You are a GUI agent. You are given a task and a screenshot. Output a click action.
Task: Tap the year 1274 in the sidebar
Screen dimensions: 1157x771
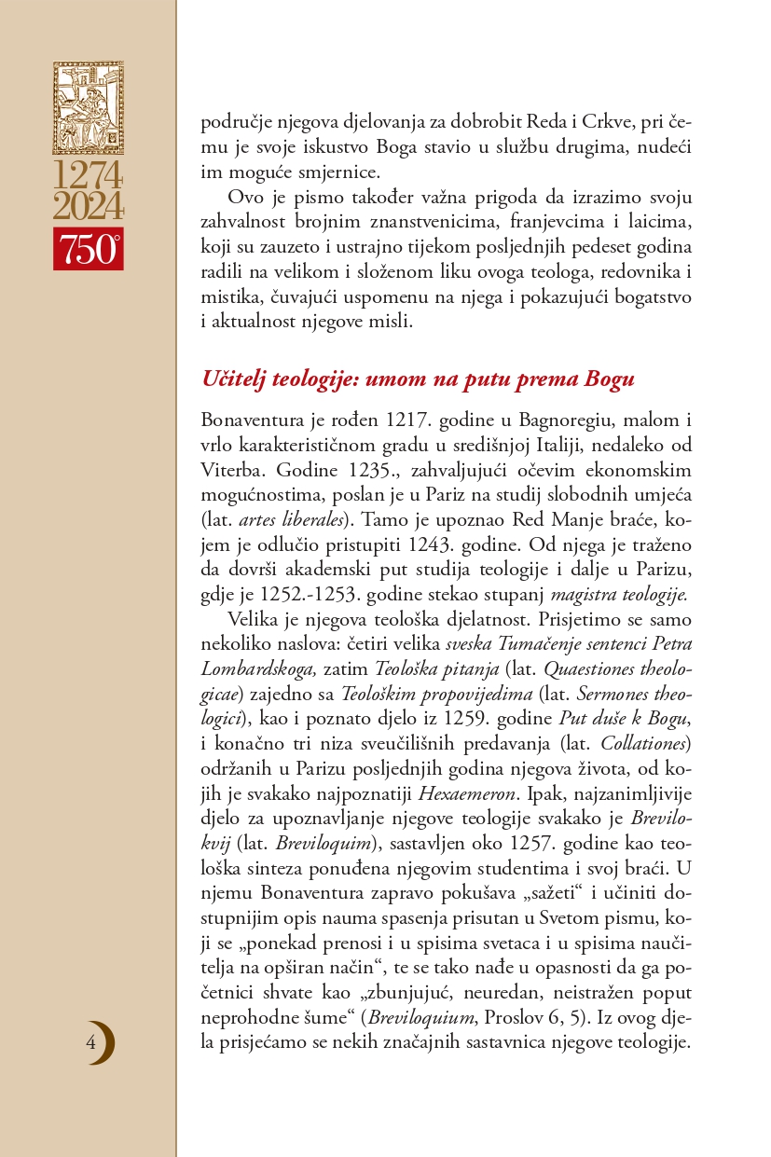coord(88,176)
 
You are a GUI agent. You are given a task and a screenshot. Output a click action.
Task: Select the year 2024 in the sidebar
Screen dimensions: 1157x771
coord(88,206)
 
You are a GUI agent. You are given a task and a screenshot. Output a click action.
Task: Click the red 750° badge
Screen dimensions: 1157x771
coord(88,249)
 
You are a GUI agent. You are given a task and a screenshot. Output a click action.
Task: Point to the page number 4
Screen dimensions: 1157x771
coord(90,1041)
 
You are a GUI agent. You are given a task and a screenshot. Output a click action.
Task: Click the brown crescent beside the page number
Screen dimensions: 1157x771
coord(106,1042)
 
